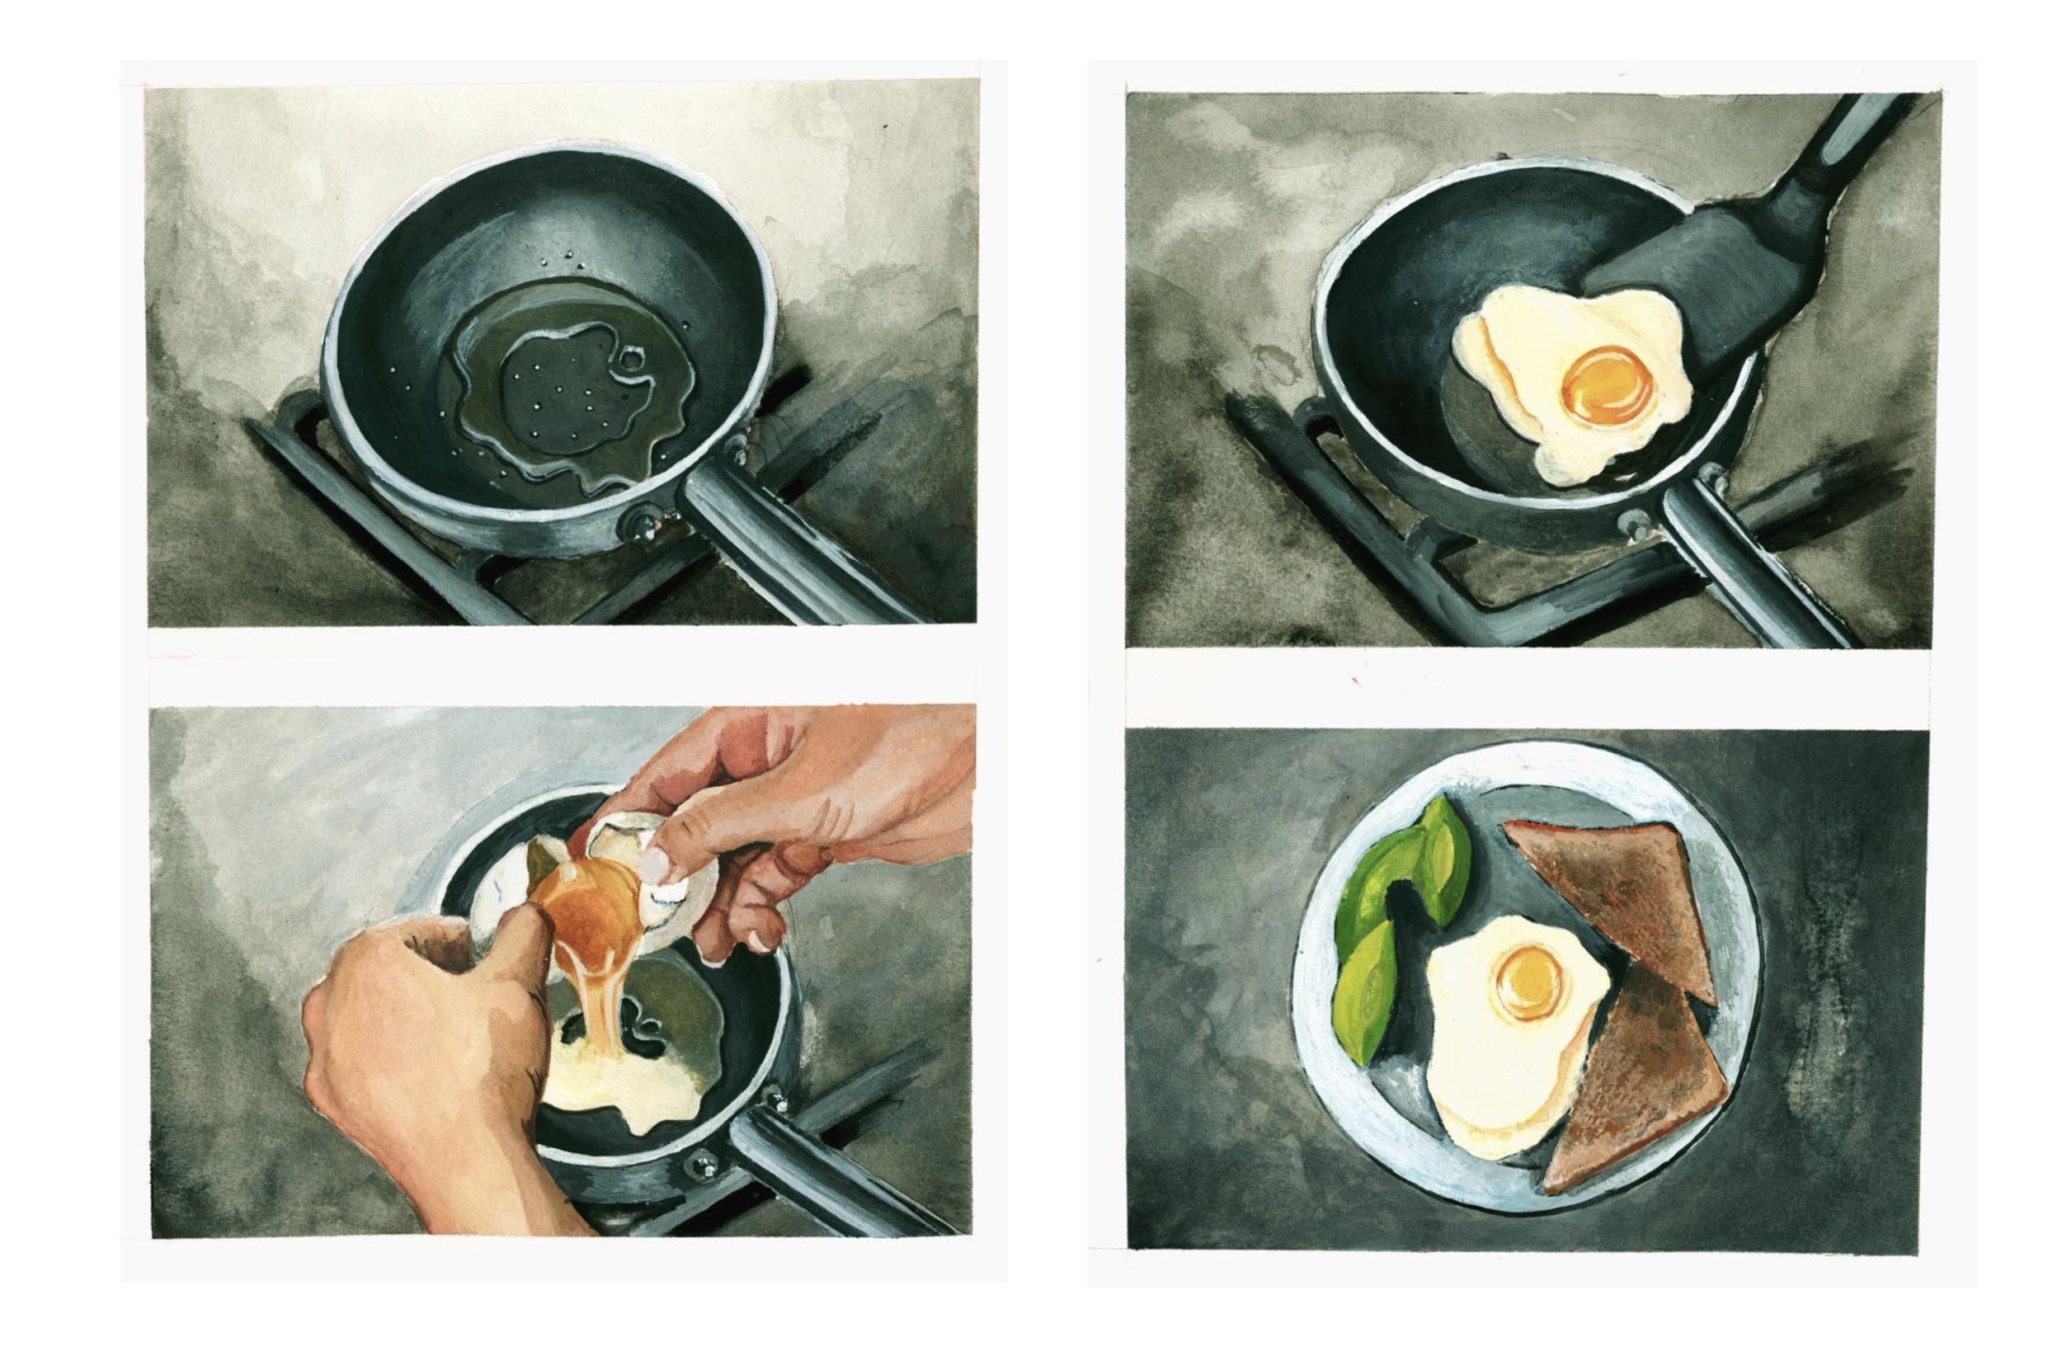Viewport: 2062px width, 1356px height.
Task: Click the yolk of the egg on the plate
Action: point(1528,981)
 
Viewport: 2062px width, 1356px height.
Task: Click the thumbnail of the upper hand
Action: point(657,862)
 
